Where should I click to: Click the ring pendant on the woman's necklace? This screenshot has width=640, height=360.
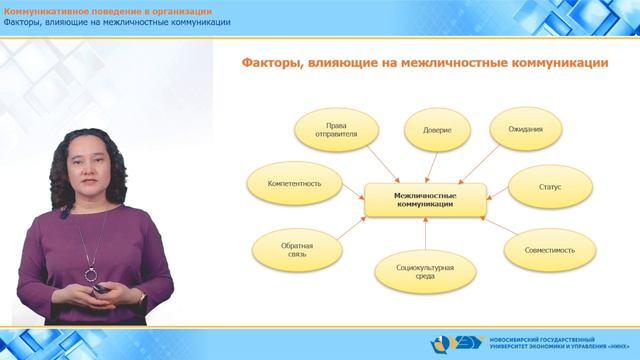click(91, 272)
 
